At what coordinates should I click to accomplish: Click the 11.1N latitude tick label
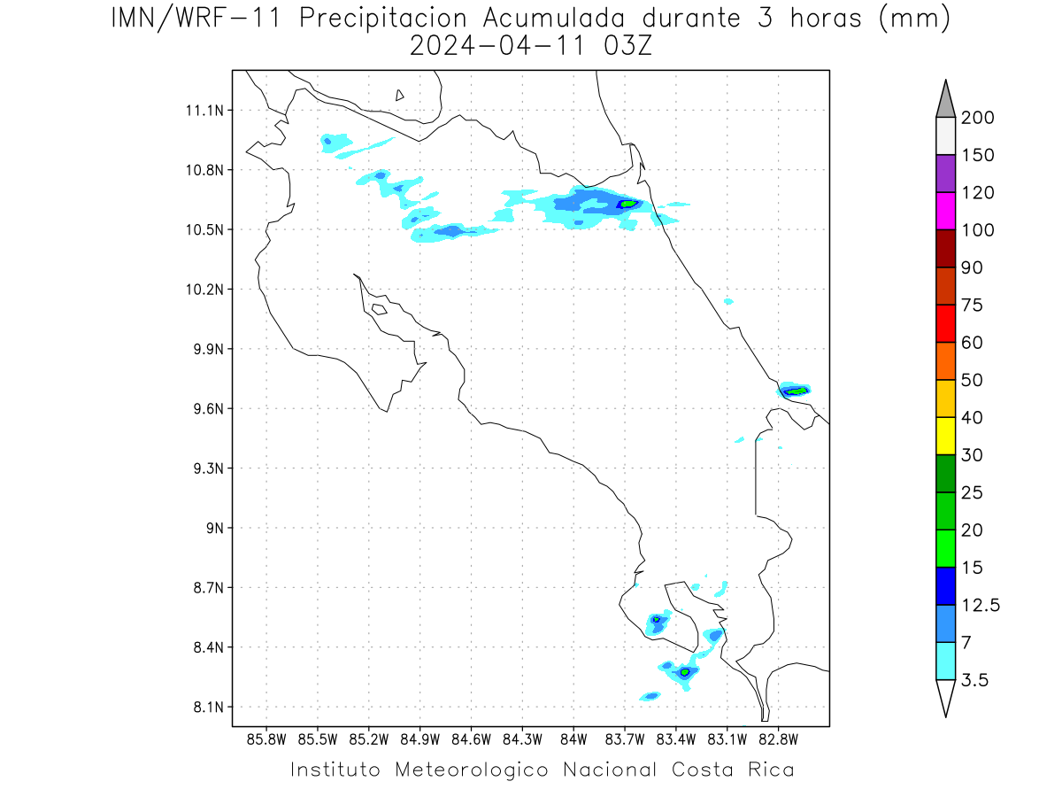(204, 111)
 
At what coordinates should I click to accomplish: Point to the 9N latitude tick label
(215, 528)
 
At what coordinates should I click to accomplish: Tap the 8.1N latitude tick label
(209, 707)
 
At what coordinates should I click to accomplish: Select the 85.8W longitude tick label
(266, 740)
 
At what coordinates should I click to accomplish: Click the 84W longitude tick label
(573, 740)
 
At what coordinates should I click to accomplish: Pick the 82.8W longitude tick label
(779, 740)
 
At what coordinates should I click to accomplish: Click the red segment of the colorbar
(945, 323)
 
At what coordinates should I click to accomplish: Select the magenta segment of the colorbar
(945, 211)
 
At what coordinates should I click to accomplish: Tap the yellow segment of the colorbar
(945, 436)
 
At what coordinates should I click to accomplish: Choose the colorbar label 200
(977, 118)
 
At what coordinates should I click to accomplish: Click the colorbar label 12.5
(981, 606)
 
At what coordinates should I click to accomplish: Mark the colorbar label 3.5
(974, 680)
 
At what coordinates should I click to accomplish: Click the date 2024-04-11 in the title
(497, 46)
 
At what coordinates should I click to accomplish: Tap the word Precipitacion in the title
(382, 19)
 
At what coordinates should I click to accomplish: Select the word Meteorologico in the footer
(471, 770)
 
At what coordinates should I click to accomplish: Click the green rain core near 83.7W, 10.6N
(628, 204)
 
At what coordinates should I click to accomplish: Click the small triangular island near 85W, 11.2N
(399, 96)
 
